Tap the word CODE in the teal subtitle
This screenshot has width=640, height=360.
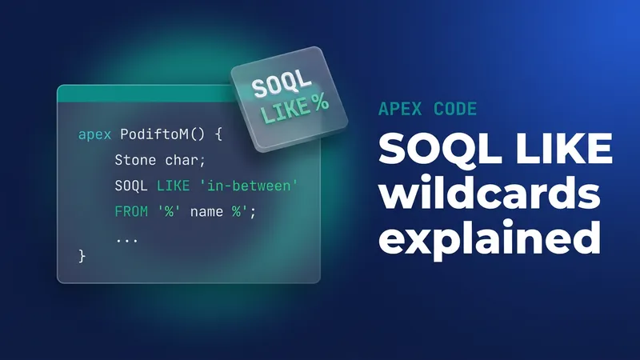coord(455,109)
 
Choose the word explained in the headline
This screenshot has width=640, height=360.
coord(490,237)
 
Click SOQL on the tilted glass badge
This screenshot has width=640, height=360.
coord(281,83)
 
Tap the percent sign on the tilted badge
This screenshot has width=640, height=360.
coord(321,102)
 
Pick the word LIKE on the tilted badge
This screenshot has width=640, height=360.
coord(286,110)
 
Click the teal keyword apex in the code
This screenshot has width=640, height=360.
coord(94,134)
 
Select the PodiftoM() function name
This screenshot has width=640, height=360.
coord(162,134)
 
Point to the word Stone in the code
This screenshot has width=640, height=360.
coord(135,160)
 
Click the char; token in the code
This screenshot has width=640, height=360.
coord(185,160)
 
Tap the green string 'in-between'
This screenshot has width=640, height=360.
coord(249,186)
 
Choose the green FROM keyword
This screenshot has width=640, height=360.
coord(131,211)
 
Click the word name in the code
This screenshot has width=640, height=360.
coord(206,212)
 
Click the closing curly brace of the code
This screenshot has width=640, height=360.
coord(82,256)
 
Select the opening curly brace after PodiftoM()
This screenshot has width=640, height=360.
coord(218,134)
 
